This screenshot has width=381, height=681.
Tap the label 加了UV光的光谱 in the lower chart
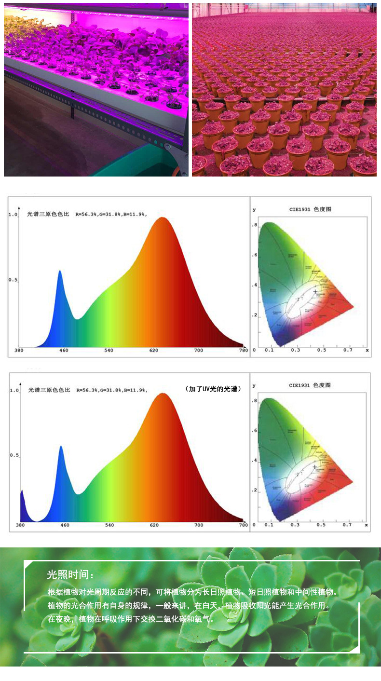(213, 388)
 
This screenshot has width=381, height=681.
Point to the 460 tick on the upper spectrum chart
(64, 350)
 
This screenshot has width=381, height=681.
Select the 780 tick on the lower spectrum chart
(244, 525)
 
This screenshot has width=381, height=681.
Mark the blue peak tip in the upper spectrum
(60, 271)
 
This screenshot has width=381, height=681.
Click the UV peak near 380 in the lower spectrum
(22, 491)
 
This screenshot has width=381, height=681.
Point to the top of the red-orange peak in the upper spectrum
(163, 218)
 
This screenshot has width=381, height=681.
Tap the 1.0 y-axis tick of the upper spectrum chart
(14, 215)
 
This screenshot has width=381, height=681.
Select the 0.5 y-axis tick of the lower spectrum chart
(14, 455)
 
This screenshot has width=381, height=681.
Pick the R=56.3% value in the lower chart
(87, 390)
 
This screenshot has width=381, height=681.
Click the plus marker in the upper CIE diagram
(315, 291)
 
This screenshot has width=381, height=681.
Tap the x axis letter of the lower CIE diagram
(367, 525)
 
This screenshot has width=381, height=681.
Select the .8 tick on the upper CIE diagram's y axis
(255, 225)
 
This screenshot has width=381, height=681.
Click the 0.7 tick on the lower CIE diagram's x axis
(347, 525)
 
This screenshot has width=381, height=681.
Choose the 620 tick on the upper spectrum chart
(154, 350)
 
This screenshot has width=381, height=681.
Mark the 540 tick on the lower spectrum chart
(109, 525)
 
